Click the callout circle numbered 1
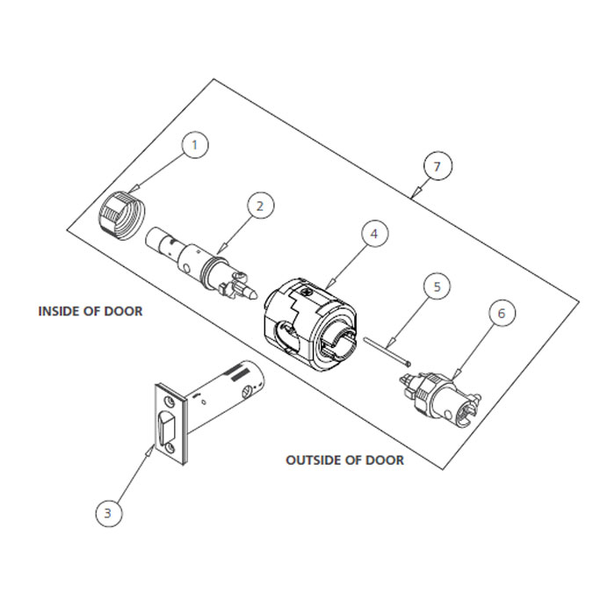196,144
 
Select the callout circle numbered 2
259,206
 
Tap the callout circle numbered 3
107,513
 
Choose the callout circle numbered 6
501,314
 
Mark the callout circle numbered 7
437,165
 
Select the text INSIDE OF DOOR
90,311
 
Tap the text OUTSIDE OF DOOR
345,460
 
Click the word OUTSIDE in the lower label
313,460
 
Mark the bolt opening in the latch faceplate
165,429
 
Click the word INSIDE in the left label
59,311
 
